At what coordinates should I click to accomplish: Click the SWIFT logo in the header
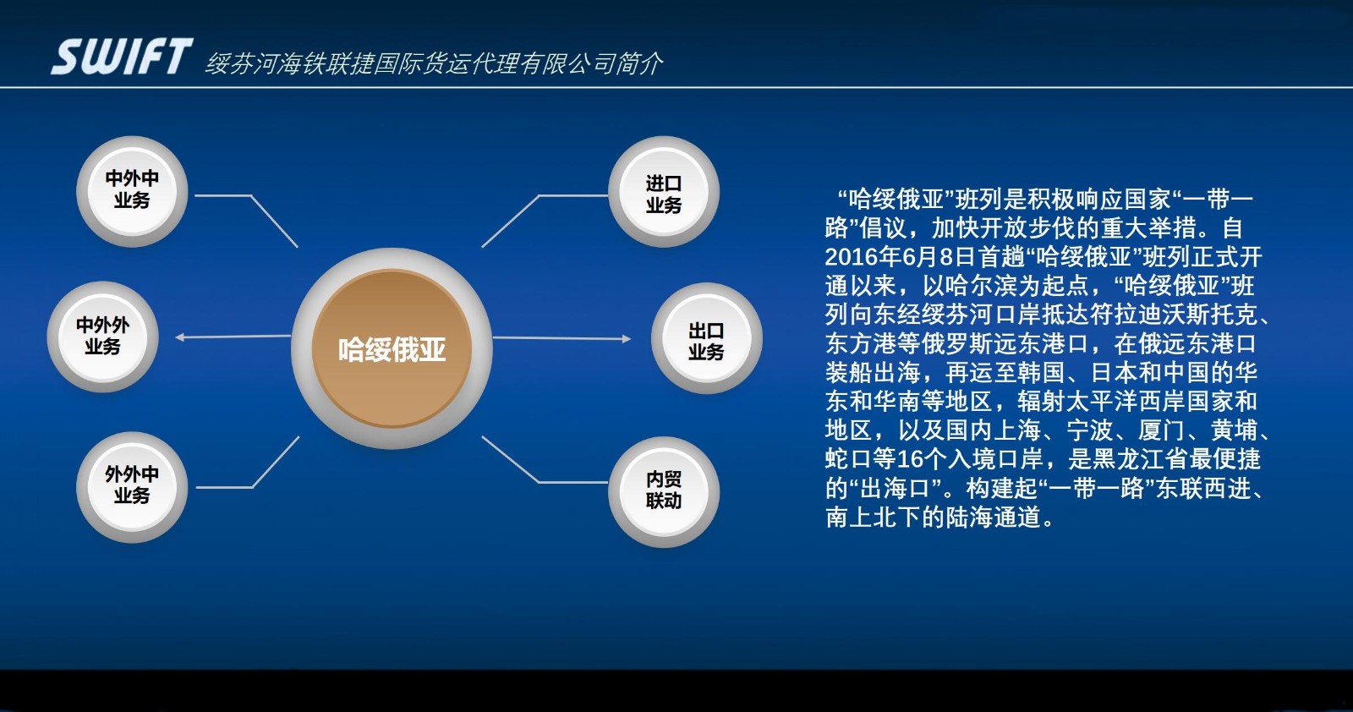tap(122, 56)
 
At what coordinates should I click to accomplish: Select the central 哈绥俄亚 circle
tap(392, 348)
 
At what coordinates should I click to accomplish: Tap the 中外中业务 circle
tap(132, 191)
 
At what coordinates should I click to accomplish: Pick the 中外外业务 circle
tap(102, 337)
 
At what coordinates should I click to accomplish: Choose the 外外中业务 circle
tap(132, 487)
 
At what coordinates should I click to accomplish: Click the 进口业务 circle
tap(664, 191)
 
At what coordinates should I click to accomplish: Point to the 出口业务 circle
tap(707, 338)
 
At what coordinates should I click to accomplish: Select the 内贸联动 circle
tap(664, 491)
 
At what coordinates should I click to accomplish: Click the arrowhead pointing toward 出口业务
tap(627, 339)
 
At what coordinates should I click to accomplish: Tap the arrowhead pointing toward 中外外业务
tap(179, 337)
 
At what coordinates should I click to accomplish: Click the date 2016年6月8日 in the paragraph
tap(901, 257)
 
